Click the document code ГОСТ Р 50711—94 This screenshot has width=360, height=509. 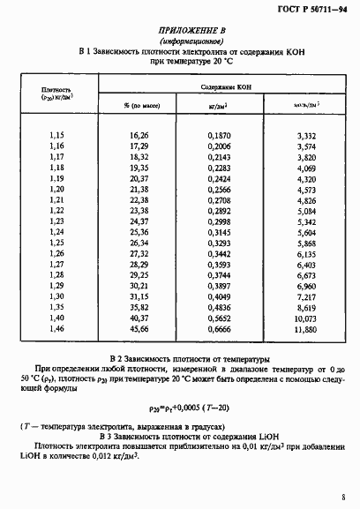pyautogui.click(x=312, y=11)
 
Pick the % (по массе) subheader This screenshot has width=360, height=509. pyautogui.click(x=139, y=107)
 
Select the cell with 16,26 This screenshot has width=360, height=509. pyautogui.click(x=139, y=137)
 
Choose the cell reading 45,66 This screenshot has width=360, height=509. pyautogui.click(x=139, y=330)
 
